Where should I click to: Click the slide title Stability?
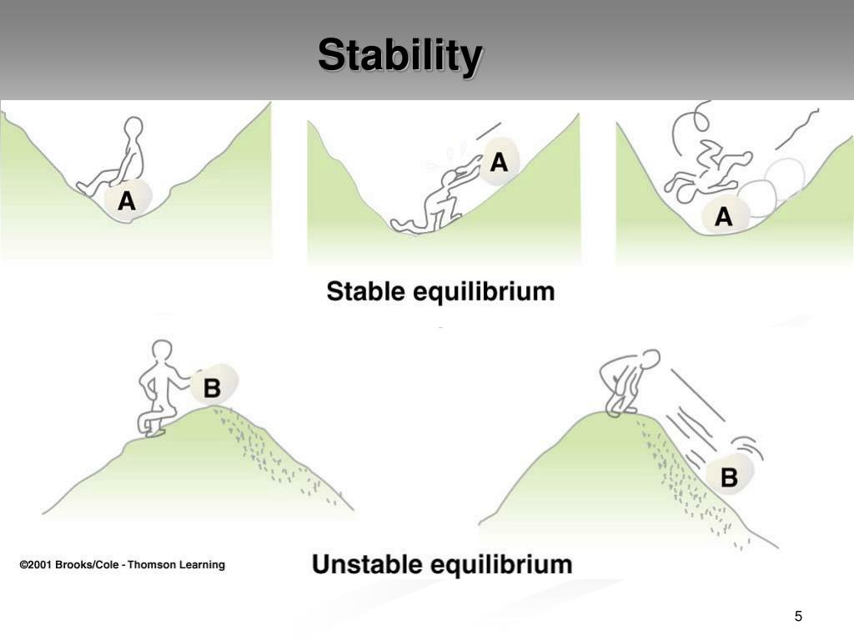coord(399,57)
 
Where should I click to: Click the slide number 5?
coord(798,617)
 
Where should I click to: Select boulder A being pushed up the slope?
coord(499,161)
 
